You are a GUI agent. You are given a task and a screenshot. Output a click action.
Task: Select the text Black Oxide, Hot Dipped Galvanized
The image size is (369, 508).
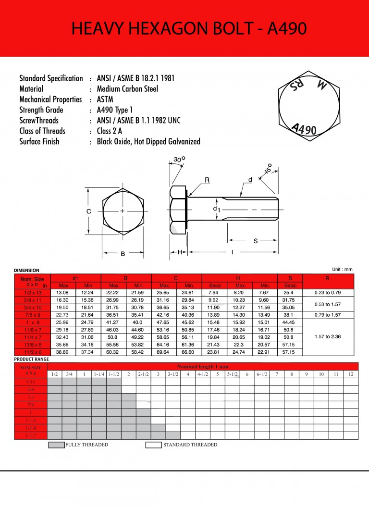click(148, 142)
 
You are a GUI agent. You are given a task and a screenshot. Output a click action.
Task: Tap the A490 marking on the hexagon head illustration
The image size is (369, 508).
click(304, 128)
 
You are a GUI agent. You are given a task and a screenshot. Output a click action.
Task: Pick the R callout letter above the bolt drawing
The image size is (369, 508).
click(207, 180)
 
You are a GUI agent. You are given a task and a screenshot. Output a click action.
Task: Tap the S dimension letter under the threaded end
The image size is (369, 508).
click(255, 241)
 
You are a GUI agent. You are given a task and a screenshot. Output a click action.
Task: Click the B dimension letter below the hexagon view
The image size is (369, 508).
click(123, 254)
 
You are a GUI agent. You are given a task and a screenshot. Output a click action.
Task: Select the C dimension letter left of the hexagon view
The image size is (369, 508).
click(88, 211)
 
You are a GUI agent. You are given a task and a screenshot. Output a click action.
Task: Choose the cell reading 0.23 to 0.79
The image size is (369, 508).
click(328, 292)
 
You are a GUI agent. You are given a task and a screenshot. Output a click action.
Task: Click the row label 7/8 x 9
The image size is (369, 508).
click(32, 315)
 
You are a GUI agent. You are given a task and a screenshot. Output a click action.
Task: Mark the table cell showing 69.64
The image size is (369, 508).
click(164, 352)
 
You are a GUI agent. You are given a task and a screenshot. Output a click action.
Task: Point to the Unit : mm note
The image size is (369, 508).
click(342, 269)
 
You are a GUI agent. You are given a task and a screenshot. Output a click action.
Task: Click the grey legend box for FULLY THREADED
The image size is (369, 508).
click(56, 445)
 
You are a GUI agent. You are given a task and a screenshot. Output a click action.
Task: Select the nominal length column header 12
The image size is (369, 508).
click(351, 374)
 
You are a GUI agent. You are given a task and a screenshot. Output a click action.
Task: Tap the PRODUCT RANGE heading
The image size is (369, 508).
click(31, 359)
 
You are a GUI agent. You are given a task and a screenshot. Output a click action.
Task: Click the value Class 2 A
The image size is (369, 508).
click(110, 131)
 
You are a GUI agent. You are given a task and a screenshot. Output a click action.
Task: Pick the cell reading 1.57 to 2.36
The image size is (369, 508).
click(328, 337)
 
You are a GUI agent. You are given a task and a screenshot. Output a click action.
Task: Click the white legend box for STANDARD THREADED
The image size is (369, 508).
click(153, 445)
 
